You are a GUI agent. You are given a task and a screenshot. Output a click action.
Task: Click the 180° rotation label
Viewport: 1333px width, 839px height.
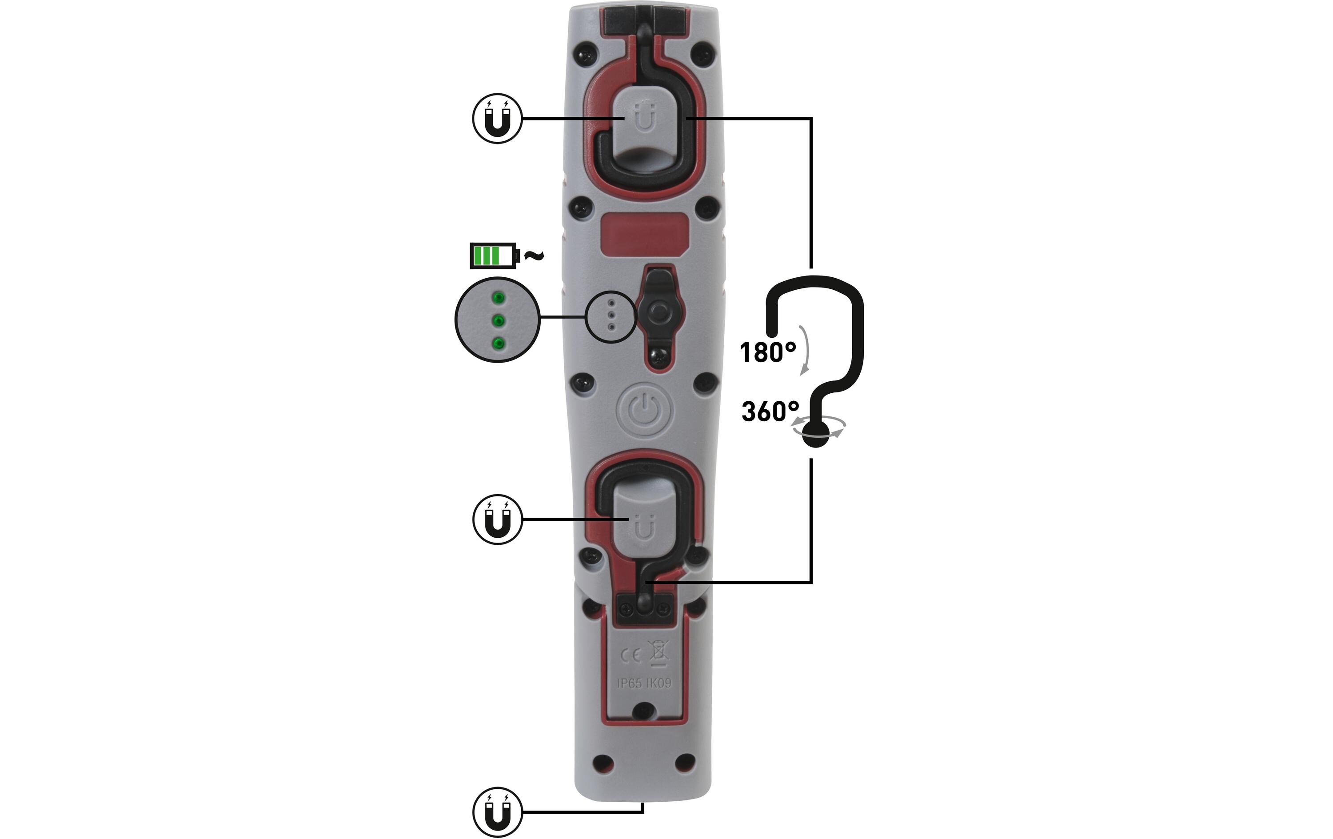[768, 352]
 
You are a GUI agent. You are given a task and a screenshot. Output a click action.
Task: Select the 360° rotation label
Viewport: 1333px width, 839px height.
[770, 412]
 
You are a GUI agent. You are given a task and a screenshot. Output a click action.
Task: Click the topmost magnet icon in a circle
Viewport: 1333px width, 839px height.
[497, 119]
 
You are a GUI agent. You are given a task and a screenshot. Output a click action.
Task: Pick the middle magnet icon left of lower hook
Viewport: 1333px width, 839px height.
[497, 519]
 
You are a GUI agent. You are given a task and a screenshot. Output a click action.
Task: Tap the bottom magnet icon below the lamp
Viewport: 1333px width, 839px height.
[497, 812]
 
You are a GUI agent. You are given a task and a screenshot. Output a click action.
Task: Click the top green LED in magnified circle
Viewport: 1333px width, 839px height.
[111, 299]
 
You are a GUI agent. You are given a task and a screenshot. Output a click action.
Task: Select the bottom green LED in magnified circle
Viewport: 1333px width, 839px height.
[111, 344]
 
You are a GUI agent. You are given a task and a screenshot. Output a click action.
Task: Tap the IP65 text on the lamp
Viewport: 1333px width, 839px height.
[630, 683]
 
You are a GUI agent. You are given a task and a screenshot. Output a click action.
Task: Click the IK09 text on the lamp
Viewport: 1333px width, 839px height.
[659, 683]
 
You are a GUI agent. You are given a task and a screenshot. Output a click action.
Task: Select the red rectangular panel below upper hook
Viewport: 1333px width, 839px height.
[644, 235]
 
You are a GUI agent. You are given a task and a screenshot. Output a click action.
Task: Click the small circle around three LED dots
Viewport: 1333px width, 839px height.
[611, 317]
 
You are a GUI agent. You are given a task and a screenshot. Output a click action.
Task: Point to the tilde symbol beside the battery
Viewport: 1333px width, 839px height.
[534, 256]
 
